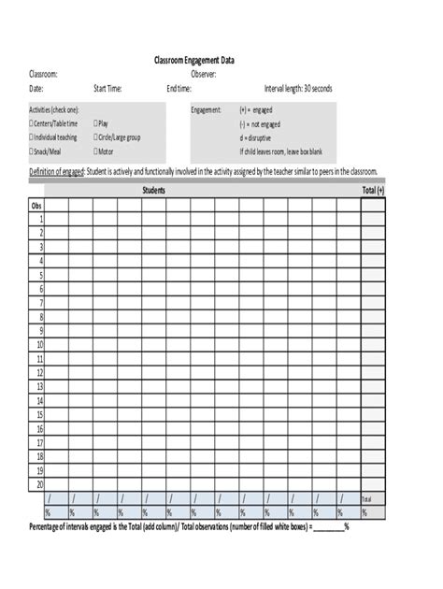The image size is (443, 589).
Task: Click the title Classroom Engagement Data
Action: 194,60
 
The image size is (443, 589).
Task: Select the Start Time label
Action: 107,89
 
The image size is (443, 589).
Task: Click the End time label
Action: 179,89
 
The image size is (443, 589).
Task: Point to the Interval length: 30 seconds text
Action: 298,89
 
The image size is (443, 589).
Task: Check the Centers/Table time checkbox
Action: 32,123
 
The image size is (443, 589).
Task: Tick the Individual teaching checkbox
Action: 32,137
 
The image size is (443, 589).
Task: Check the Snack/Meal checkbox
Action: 32,151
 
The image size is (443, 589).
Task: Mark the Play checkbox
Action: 95,123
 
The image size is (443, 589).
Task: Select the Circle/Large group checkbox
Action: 95,137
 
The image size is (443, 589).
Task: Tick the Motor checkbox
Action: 95,151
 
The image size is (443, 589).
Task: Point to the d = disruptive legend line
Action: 263,137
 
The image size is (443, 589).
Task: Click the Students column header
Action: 154,191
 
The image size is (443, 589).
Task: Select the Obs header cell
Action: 37,205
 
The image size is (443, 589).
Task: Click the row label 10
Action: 40,344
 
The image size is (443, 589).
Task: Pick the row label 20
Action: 40,485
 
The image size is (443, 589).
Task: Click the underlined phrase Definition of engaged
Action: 57,172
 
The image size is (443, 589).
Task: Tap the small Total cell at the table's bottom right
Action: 366,499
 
